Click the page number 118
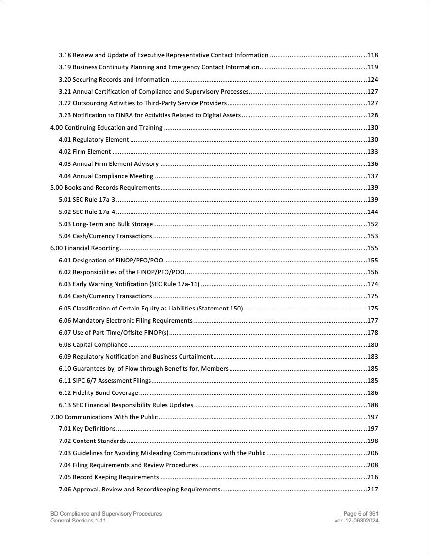373,55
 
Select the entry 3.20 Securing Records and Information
114,80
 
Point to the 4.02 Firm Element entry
85,152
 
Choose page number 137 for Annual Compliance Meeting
373,176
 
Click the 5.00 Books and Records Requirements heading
105,188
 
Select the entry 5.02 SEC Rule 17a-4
87,212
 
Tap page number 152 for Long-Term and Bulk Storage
373,224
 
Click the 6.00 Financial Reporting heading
85,248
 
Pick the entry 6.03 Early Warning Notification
130,284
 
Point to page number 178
373,333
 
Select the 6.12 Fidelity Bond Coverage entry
99,393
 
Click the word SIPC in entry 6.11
79,381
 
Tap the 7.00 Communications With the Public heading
104,417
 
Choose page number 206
373,453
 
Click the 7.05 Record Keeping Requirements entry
109,477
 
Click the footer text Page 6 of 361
361,514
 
